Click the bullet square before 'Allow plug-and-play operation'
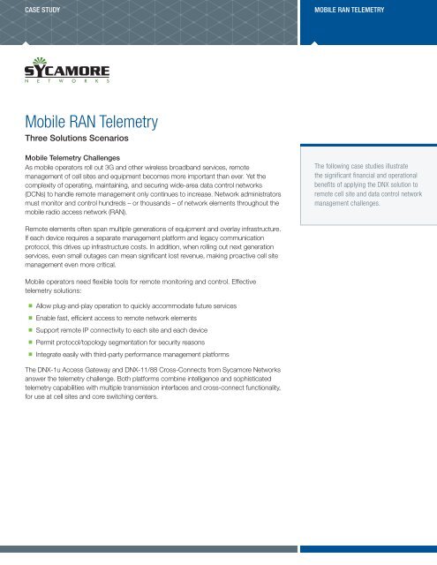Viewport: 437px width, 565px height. point(28,305)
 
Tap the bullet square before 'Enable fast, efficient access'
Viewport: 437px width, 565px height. point(28,316)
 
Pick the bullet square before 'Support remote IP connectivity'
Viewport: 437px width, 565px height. point(28,328)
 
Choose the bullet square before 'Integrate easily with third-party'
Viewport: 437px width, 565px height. point(28,352)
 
